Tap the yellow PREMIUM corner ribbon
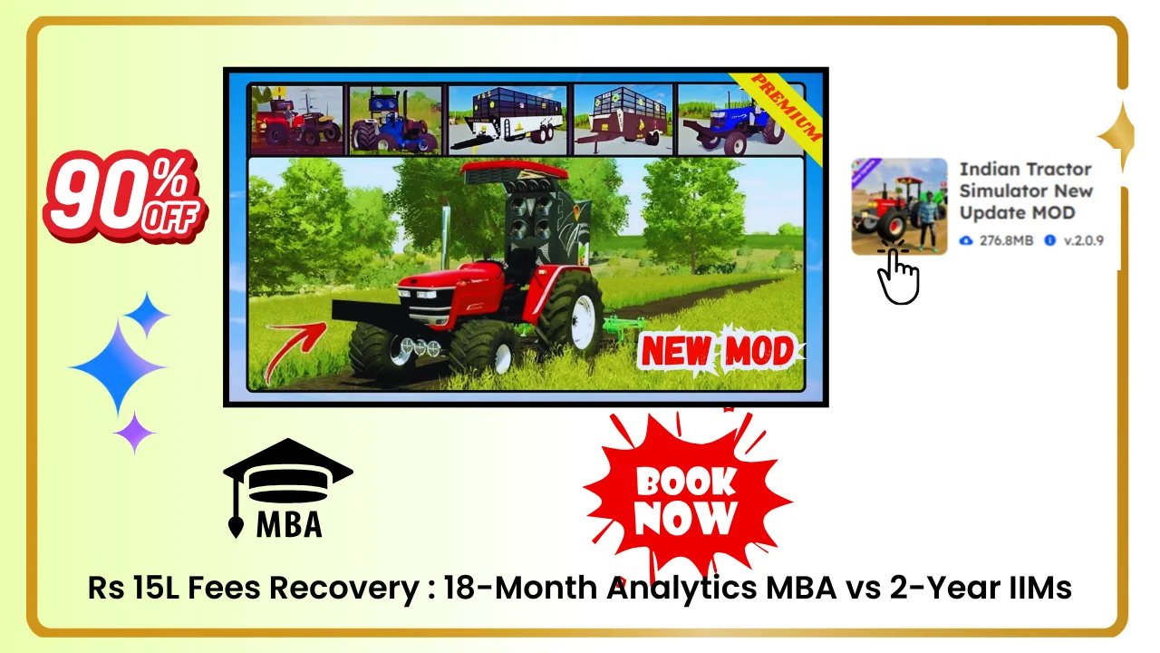(x=778, y=107)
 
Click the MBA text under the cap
(x=288, y=523)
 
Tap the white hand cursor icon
(x=898, y=276)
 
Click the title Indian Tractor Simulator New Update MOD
(x=1026, y=190)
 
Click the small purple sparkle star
(x=134, y=433)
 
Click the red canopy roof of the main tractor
(x=513, y=170)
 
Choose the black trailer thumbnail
(x=507, y=120)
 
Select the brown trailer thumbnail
(x=623, y=120)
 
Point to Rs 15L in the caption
(x=121, y=588)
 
